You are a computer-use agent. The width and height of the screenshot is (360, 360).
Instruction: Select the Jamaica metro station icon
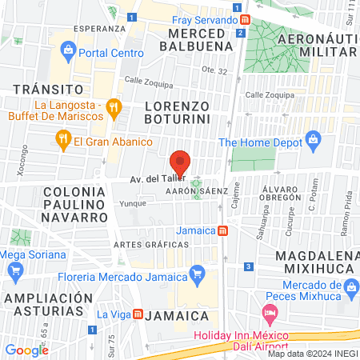click(x=224, y=230)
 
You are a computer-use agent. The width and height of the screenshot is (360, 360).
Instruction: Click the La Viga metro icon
click(x=138, y=314)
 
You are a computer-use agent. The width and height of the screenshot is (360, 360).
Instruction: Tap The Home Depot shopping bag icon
click(x=313, y=142)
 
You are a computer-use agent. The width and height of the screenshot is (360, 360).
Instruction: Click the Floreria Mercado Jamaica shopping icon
click(x=197, y=278)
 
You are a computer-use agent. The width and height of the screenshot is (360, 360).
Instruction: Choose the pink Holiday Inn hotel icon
click(x=270, y=311)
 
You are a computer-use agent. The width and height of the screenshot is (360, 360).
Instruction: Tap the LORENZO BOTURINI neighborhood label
click(x=175, y=112)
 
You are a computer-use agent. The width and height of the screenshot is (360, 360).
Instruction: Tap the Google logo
click(x=26, y=350)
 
